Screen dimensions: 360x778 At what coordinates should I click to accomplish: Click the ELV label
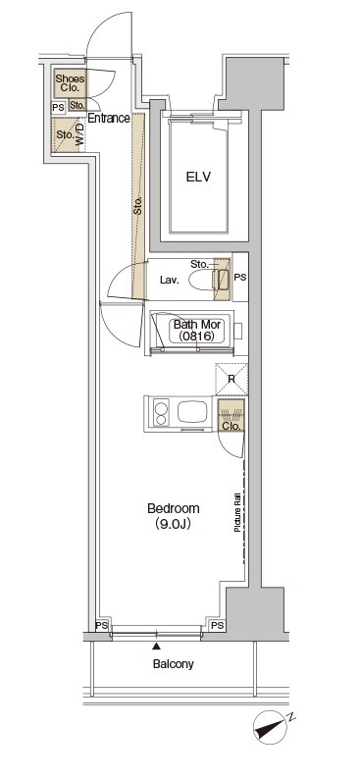(198, 177)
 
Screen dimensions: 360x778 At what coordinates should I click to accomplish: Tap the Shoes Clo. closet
(70, 82)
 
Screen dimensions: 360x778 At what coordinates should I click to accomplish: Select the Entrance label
(109, 119)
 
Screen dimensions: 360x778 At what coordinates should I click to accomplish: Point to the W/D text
(80, 135)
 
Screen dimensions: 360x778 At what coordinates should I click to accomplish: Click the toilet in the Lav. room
(208, 280)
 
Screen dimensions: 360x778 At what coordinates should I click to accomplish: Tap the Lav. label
(169, 280)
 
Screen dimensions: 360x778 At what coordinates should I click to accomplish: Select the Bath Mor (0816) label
(196, 331)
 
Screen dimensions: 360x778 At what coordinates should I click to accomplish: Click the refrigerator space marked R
(231, 380)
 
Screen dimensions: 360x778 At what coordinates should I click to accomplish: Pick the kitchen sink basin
(192, 412)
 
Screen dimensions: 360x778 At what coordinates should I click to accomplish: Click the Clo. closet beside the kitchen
(231, 416)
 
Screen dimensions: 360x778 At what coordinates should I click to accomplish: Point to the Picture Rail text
(237, 512)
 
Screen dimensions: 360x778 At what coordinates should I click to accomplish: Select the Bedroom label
(174, 508)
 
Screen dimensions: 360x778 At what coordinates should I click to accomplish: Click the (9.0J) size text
(174, 524)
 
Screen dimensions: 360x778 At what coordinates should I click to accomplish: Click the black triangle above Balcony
(157, 646)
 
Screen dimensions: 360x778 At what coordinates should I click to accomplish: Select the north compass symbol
(272, 727)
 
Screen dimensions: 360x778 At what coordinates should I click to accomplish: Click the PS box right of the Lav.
(240, 278)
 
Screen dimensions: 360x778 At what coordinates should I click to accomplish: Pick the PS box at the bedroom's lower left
(102, 626)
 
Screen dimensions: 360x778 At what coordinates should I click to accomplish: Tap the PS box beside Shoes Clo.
(59, 108)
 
